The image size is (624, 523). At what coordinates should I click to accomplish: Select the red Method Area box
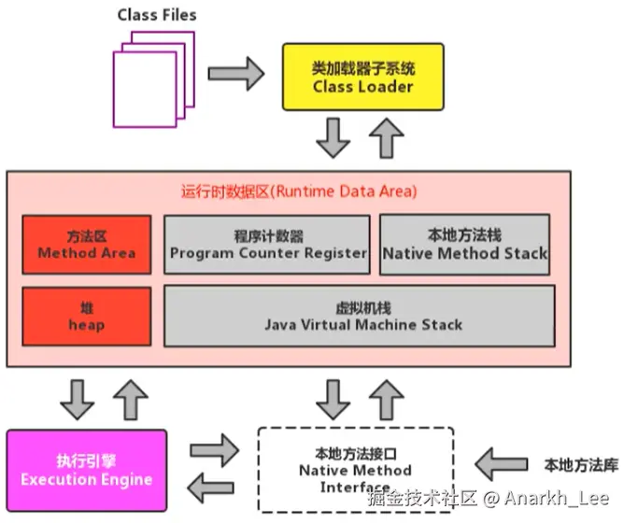86,245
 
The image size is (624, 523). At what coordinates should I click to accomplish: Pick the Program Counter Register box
268,245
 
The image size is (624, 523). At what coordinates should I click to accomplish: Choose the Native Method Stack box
465,245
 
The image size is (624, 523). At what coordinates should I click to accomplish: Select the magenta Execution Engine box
86,471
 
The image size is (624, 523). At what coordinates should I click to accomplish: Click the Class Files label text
157,16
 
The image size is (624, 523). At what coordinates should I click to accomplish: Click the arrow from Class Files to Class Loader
236,73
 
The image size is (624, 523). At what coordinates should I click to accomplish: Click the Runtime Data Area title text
298,191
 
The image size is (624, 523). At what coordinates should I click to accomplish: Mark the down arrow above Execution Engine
76,400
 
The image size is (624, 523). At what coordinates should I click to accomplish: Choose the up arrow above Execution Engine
131,400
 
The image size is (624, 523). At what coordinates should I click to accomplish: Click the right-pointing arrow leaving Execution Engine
214,450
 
